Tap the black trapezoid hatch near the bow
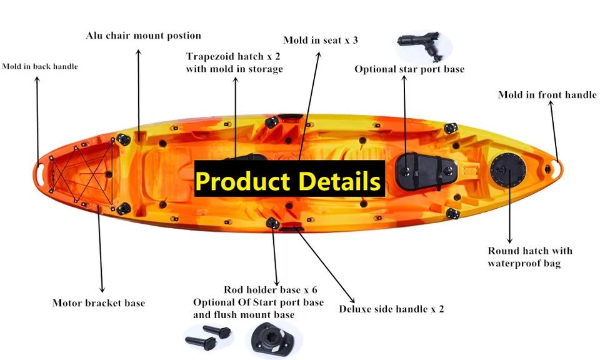click(426, 171)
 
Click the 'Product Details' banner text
click(289, 181)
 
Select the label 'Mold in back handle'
click(40, 67)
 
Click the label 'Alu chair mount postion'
click(144, 36)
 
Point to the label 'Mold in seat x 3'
click(321, 40)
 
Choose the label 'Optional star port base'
click(409, 69)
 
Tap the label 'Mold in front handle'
click(547, 94)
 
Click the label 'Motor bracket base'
click(99, 303)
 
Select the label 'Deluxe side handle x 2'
click(391, 309)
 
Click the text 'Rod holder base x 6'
click(271, 289)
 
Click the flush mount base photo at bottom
click(273, 339)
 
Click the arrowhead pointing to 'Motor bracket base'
click(102, 289)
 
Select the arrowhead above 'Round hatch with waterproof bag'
click(509, 239)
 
